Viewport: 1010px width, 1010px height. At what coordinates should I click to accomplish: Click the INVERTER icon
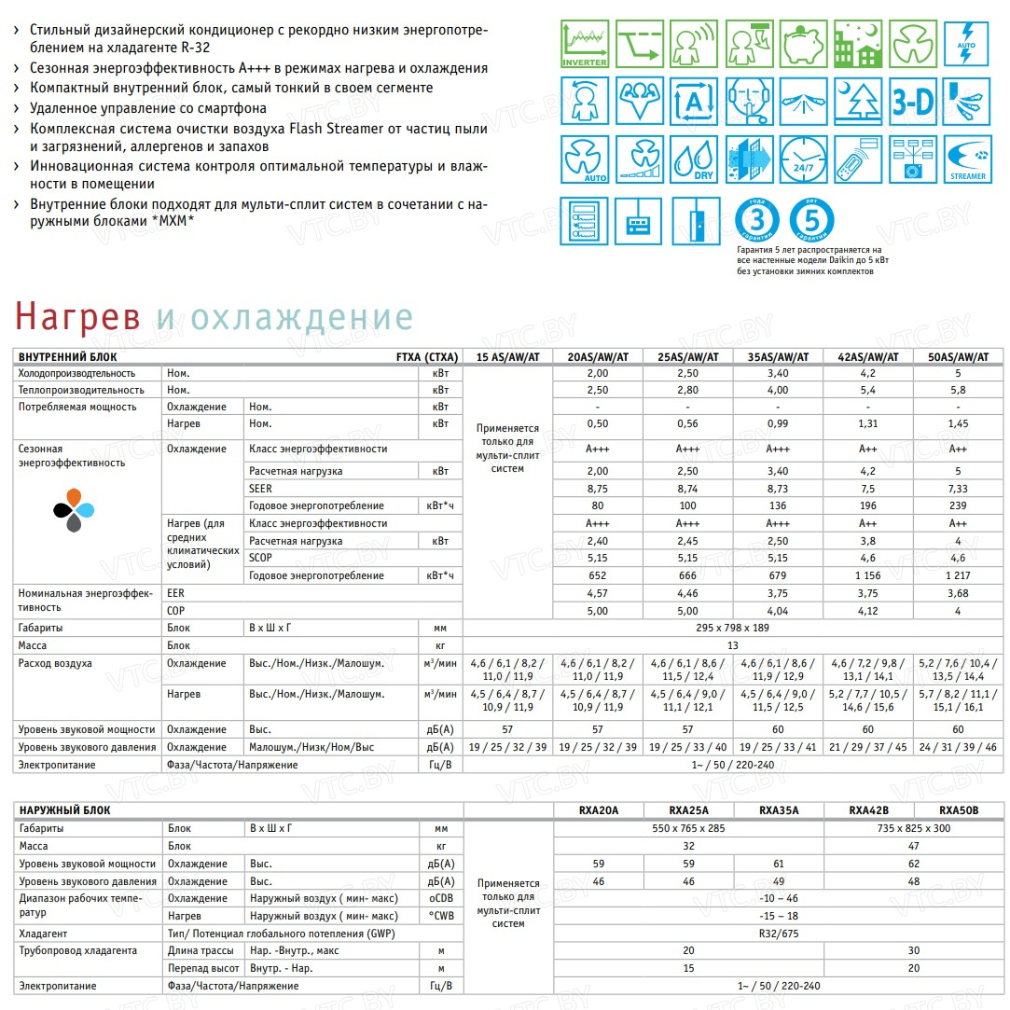(x=585, y=44)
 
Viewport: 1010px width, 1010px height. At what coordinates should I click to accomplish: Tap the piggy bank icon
(x=805, y=44)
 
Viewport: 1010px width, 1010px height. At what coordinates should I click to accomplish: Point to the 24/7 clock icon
(x=805, y=160)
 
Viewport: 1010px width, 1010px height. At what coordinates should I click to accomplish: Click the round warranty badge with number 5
(x=811, y=221)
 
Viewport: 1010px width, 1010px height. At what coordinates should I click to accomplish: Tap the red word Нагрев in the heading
(x=77, y=317)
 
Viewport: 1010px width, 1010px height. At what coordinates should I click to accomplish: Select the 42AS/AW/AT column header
(x=868, y=356)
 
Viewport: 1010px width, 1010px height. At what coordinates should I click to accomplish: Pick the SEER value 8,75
(x=598, y=489)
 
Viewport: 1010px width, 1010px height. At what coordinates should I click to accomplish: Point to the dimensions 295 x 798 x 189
(x=733, y=628)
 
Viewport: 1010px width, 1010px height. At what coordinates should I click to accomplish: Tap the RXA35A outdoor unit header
(x=779, y=810)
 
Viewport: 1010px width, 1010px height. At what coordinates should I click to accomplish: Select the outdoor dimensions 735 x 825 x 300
(x=914, y=828)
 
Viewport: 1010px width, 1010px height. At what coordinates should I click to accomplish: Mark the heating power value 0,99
(x=778, y=424)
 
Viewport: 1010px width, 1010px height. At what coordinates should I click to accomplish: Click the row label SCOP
(x=261, y=558)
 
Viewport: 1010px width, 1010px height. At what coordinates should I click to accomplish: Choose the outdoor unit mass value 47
(x=914, y=846)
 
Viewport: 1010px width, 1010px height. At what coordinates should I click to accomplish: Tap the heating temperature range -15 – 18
(x=779, y=915)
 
